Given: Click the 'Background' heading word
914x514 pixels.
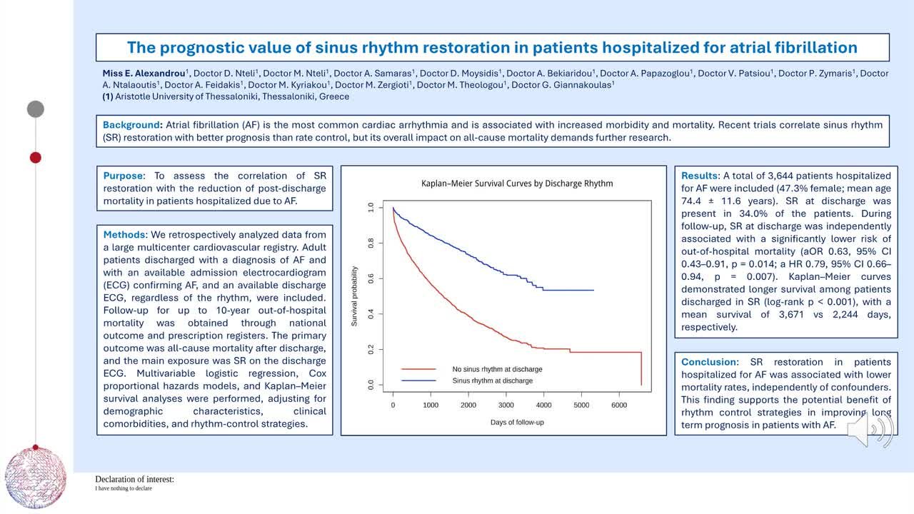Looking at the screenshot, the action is point(131,125).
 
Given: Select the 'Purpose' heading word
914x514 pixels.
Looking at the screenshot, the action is point(123,176).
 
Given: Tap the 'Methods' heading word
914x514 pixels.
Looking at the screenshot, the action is point(124,235).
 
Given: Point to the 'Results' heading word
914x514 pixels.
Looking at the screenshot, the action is point(699,176).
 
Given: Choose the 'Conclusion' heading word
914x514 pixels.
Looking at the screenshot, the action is point(709,362).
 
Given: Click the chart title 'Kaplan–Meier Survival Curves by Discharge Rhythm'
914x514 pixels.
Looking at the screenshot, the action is point(517,183).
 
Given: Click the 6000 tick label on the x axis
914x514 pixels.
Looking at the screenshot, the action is point(619,405).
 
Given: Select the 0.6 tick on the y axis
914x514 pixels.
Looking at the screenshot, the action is point(371,278).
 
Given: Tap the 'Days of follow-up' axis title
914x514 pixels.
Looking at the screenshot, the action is point(517,422).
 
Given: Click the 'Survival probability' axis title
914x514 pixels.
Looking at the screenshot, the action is point(354,296).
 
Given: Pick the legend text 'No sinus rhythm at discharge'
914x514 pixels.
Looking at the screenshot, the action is point(497,369).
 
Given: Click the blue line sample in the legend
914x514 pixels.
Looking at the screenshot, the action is point(418,381).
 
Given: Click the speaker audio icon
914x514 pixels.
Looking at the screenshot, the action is point(870,429).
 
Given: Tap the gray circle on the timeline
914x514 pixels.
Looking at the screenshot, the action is point(36,109).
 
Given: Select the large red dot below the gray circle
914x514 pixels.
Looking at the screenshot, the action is point(36,158).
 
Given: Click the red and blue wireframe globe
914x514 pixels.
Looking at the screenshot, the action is point(36,478).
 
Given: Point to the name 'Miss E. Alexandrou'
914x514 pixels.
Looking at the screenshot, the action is point(144,74).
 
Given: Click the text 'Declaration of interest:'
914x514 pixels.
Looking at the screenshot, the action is point(135,479).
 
